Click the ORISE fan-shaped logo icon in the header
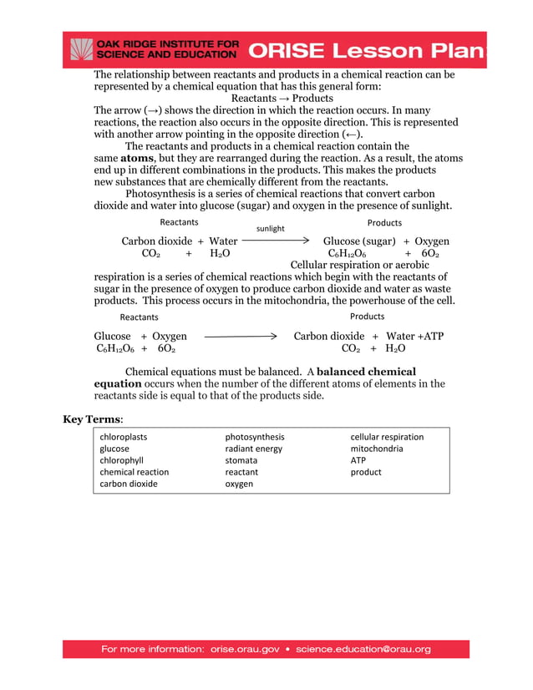click(x=81, y=50)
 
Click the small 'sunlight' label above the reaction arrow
click(x=270, y=228)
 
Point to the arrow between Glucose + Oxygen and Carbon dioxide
click(x=241, y=336)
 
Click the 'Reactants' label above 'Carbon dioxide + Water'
click(x=179, y=222)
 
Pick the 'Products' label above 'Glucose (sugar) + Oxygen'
click(x=384, y=223)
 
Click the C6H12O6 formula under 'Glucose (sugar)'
click(x=347, y=253)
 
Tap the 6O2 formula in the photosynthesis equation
click(x=429, y=253)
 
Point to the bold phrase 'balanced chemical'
click(x=367, y=371)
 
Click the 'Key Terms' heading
click(x=93, y=419)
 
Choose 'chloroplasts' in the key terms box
click(x=124, y=437)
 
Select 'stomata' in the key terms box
click(x=241, y=460)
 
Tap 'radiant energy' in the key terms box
click(x=254, y=449)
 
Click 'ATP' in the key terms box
click(x=358, y=460)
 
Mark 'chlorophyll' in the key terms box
click(x=122, y=460)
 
